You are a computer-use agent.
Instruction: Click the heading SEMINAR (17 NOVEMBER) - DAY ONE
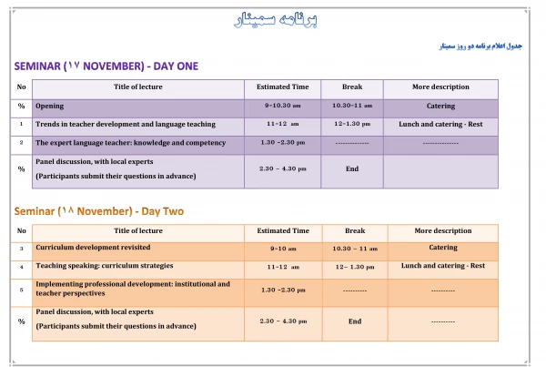point(106,66)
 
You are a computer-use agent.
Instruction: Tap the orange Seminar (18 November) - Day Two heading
point(98,211)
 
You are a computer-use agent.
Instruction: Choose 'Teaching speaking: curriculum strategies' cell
point(106,267)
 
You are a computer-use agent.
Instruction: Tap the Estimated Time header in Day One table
point(282,87)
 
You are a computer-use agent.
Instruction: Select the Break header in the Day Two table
point(354,230)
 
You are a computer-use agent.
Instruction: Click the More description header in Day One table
point(440,87)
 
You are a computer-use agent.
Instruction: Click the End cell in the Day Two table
point(354,321)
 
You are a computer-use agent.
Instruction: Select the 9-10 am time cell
point(283,248)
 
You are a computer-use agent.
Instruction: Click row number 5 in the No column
point(21,290)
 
